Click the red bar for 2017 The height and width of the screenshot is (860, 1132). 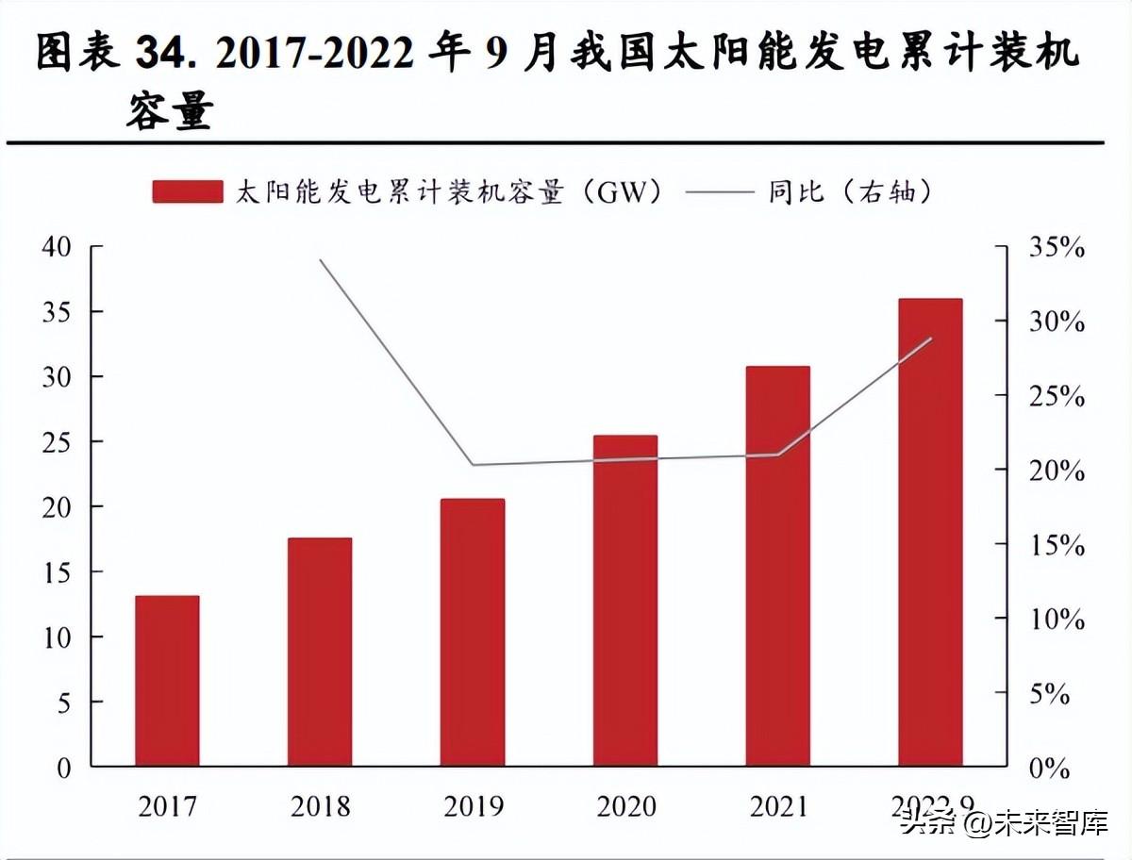[x=167, y=680]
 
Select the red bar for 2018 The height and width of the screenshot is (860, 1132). [x=320, y=652]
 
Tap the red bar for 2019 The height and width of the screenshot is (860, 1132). [x=473, y=632]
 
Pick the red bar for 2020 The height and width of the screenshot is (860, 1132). [x=625, y=601]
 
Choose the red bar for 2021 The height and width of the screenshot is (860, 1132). [x=778, y=566]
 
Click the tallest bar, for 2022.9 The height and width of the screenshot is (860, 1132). [x=930, y=532]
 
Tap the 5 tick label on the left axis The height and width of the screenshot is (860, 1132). [x=63, y=703]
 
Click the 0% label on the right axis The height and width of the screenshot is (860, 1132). [x=1047, y=769]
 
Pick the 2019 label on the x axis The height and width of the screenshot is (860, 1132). [x=473, y=807]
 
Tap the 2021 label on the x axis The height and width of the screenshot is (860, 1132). [x=778, y=807]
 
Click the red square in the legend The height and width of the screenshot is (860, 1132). [x=188, y=192]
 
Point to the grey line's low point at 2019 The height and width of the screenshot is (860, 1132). [x=473, y=465]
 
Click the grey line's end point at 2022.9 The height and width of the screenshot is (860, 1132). [x=931, y=338]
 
